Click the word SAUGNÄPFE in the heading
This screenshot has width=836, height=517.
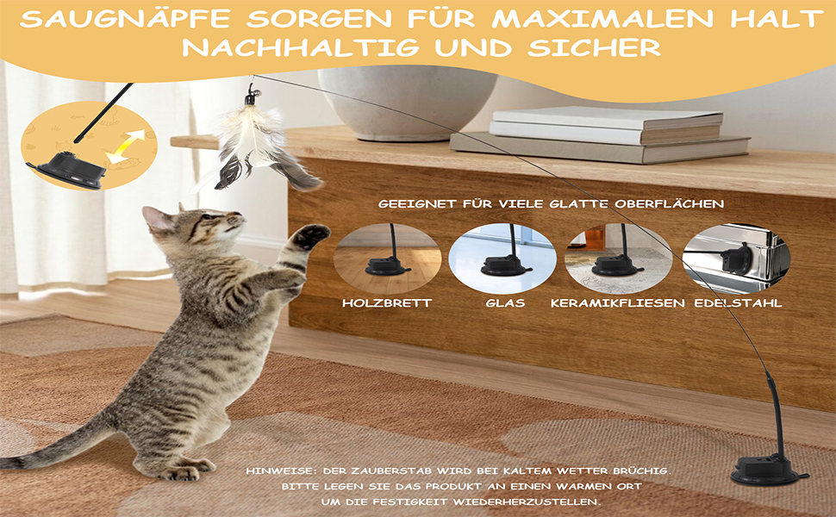(x=126, y=19)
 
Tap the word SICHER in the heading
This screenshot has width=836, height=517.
(x=595, y=47)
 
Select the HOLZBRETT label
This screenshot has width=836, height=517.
(x=387, y=303)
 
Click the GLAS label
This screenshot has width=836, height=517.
(x=505, y=303)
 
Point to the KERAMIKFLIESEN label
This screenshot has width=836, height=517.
(x=617, y=303)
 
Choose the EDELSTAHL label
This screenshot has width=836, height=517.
(x=738, y=303)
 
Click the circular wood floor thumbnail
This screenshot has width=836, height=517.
(x=388, y=259)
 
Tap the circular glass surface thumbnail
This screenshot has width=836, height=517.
(x=502, y=259)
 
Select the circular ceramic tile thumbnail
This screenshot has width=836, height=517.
(x=619, y=259)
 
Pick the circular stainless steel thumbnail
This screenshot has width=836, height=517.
(x=736, y=259)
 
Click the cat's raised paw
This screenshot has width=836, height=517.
(x=311, y=235)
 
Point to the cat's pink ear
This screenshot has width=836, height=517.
(x=156, y=219)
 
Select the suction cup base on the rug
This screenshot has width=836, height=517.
(x=768, y=469)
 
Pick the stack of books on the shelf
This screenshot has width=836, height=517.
(x=600, y=134)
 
